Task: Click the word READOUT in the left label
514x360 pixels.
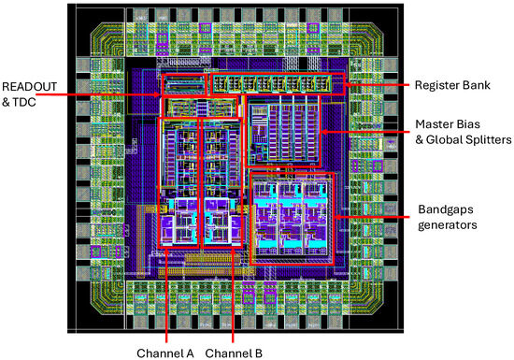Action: (30, 87)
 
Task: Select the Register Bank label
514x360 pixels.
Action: (452, 85)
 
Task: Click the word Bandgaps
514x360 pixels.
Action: (446, 209)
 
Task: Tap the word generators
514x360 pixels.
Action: (448, 225)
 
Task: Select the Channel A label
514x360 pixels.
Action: (165, 353)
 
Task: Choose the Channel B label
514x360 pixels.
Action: (234, 353)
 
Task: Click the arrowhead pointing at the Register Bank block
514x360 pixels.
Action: (349, 85)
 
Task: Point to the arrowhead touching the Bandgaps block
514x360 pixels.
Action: (338, 217)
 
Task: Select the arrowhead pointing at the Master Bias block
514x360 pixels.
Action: (324, 132)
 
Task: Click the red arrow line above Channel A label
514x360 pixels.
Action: (166, 295)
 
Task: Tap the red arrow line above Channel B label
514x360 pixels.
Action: (233, 295)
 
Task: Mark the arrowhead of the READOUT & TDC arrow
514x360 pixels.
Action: (158, 95)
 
